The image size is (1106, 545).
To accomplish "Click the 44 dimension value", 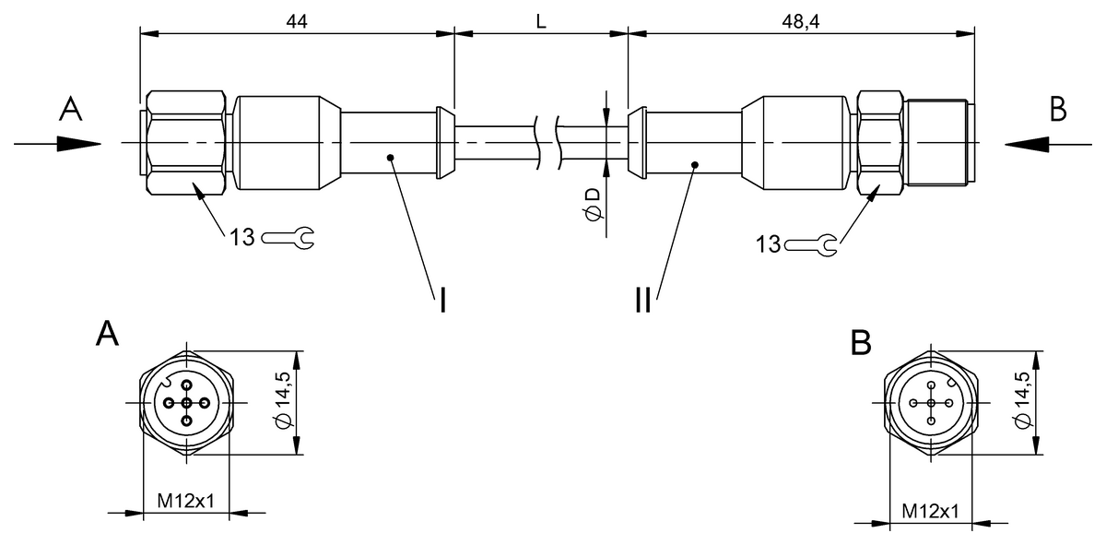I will pyautogui.click(x=296, y=20).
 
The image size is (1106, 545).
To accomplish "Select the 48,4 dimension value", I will pyautogui.click(x=800, y=20).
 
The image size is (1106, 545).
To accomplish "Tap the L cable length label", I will pyautogui.click(x=541, y=20).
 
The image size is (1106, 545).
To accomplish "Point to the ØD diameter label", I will pyautogui.click(x=592, y=203).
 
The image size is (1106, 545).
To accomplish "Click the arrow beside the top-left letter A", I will pyautogui.click(x=57, y=143).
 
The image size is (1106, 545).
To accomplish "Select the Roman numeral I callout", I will pyautogui.click(x=442, y=299).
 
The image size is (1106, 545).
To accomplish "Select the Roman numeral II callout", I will pyautogui.click(x=642, y=299).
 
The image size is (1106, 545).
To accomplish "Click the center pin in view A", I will pyautogui.click(x=187, y=404).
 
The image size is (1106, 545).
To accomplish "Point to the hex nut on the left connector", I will pyautogui.click(x=185, y=143).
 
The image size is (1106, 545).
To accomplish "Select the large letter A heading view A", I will pyautogui.click(x=108, y=334).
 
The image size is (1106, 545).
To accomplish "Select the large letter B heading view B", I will pyautogui.click(x=861, y=343).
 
